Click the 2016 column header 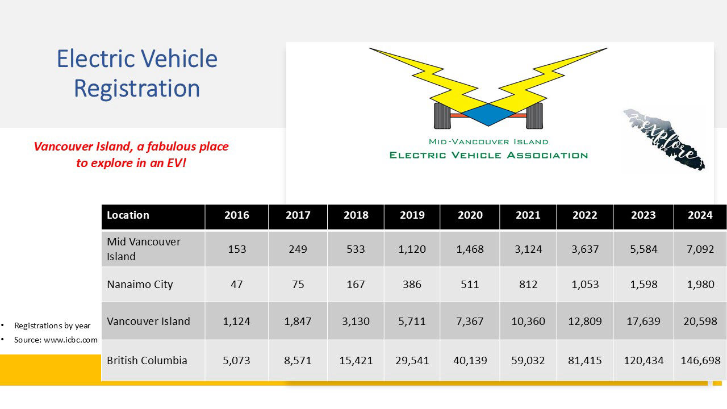[x=237, y=215]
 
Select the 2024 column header [x=700, y=215]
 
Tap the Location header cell [x=128, y=215]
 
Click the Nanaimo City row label [x=140, y=285]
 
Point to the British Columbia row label [x=147, y=360]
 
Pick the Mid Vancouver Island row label [x=144, y=249]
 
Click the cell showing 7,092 [x=700, y=249]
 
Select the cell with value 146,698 [x=700, y=360]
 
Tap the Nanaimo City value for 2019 [x=412, y=285]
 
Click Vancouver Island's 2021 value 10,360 [x=528, y=322]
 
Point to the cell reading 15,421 [x=356, y=360]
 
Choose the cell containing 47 [x=237, y=285]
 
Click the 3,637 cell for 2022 [x=585, y=249]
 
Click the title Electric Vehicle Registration [x=137, y=74]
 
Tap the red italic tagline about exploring [x=131, y=155]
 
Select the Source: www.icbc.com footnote [x=56, y=340]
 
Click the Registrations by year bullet [x=52, y=325]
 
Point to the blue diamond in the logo [x=488, y=114]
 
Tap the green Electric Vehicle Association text [x=488, y=155]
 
